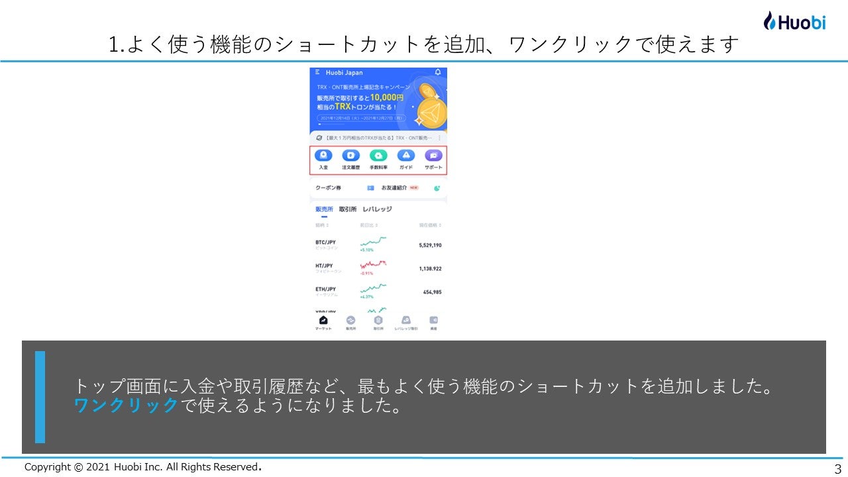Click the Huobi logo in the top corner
click(x=794, y=21)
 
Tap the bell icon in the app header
click(x=437, y=72)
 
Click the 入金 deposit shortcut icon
click(x=323, y=156)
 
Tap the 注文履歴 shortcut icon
click(x=350, y=156)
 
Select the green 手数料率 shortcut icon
click(x=378, y=156)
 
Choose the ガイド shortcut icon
click(x=405, y=156)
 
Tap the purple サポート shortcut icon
click(x=433, y=156)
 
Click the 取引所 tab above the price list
click(x=348, y=209)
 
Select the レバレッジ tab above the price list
click(x=377, y=209)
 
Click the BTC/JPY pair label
click(x=325, y=242)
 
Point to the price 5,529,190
click(x=430, y=245)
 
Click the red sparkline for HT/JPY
click(x=373, y=265)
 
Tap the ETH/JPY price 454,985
click(x=432, y=292)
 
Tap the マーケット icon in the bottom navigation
click(x=323, y=321)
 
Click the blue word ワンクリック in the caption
click(x=126, y=405)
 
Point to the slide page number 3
click(x=837, y=469)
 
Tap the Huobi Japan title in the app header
click(x=344, y=72)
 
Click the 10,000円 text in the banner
click(x=387, y=97)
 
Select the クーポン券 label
click(x=328, y=188)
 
